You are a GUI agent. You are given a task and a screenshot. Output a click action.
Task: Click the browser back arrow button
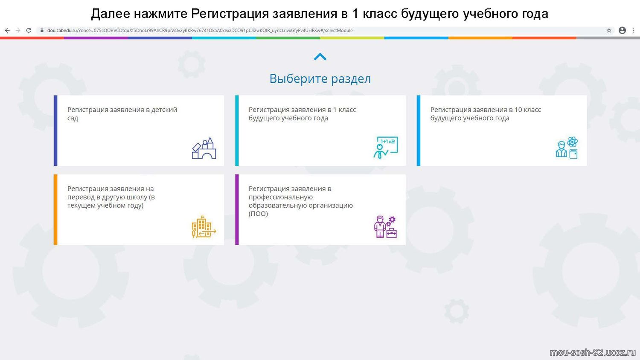point(7,30)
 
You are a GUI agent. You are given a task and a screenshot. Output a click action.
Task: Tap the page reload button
point(29,30)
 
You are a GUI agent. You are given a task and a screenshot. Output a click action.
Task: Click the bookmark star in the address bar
point(609,30)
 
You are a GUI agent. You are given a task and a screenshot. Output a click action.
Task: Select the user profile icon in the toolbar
point(622,30)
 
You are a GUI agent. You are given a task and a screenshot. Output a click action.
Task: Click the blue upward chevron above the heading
point(320,57)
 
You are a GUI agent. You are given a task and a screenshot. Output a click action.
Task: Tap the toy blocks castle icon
point(204,148)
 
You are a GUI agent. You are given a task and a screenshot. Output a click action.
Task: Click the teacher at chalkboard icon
point(385,148)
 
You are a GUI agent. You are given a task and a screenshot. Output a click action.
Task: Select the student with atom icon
point(567,148)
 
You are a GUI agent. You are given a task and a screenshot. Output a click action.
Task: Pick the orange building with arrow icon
point(204,227)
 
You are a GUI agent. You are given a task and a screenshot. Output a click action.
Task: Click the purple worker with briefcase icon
point(385,227)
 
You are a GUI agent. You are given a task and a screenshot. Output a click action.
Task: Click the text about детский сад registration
point(122,114)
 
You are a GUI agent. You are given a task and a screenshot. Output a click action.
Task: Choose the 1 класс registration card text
point(302,114)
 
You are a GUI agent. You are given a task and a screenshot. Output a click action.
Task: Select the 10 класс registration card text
point(486,114)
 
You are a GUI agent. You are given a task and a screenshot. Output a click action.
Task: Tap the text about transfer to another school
point(111,197)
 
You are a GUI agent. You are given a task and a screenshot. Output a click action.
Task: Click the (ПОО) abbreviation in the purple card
point(258,214)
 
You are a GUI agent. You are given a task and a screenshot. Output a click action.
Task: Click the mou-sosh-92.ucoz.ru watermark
point(593,353)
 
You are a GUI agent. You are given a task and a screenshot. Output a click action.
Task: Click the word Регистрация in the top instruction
point(230,14)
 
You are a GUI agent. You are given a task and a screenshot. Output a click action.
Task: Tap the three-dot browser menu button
point(633,30)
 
